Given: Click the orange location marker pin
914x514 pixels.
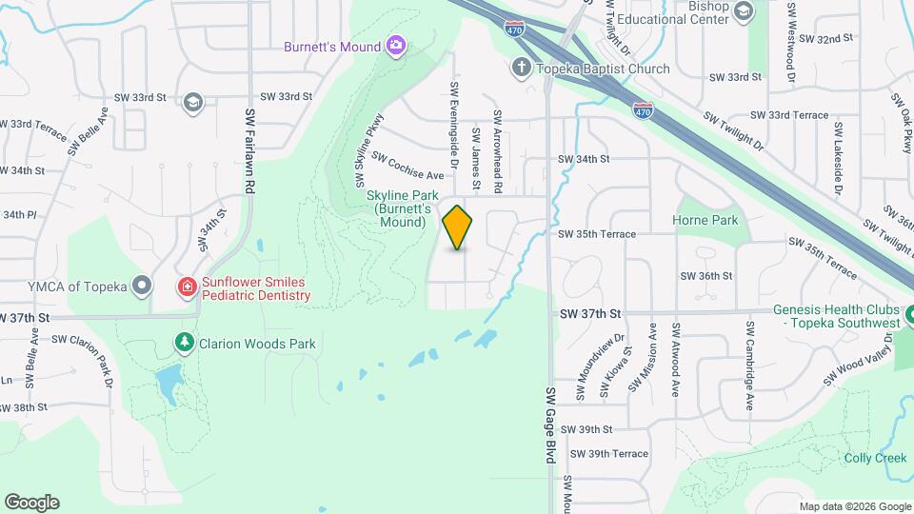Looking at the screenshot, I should pyautogui.click(x=458, y=227).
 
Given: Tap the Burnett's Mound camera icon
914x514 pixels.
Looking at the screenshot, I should pyautogui.click(x=395, y=46).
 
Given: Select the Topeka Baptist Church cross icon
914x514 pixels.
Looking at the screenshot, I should pyautogui.click(x=520, y=68).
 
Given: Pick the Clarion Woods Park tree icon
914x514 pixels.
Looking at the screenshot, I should pyautogui.click(x=183, y=342).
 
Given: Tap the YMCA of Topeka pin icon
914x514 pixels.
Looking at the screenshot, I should pyautogui.click(x=142, y=285).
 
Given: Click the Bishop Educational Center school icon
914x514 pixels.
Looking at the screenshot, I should pyautogui.click(x=744, y=10).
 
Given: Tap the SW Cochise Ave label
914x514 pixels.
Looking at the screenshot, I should pyautogui.click(x=408, y=167).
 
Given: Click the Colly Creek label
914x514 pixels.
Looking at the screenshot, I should pyautogui.click(x=875, y=458).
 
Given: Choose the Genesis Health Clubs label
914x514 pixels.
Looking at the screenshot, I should pyautogui.click(x=836, y=316).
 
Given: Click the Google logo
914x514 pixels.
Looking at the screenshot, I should pyautogui.click(x=31, y=503).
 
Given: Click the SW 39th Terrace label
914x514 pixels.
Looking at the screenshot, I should pyautogui.click(x=604, y=454).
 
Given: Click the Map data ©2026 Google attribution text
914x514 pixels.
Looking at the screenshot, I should pyautogui.click(x=854, y=506).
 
